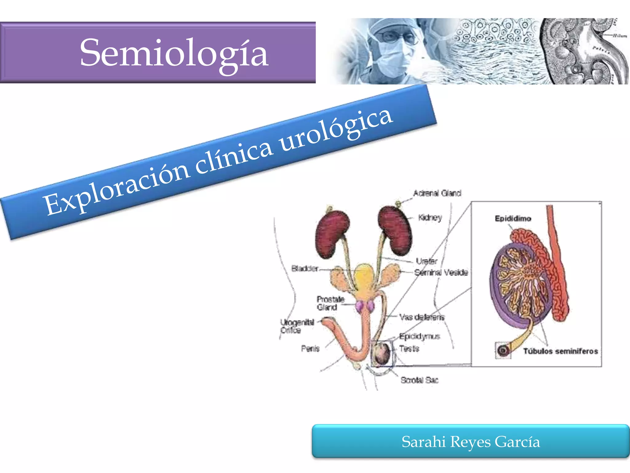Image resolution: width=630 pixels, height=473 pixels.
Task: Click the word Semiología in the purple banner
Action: (174, 53)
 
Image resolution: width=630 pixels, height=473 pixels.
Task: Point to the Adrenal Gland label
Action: (437, 193)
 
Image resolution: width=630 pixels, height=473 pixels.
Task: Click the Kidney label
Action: (430, 217)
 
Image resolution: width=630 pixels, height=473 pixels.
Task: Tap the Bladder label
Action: (305, 269)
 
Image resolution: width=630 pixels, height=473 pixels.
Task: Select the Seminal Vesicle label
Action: (441, 272)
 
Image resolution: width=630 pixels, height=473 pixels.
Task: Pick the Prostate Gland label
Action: (330, 303)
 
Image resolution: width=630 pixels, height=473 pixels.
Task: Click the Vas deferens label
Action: (422, 317)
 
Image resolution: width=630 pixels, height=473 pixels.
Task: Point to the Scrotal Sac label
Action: (419, 380)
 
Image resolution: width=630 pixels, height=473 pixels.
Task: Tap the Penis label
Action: (310, 348)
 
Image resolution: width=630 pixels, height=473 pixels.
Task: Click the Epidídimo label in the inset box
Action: (513, 218)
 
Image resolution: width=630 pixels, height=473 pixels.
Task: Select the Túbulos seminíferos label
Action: (560, 351)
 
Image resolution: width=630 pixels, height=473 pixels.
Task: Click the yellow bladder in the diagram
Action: (365, 279)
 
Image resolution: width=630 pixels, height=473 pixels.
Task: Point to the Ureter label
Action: (426, 261)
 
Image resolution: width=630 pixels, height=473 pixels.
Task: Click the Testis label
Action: (409, 349)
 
